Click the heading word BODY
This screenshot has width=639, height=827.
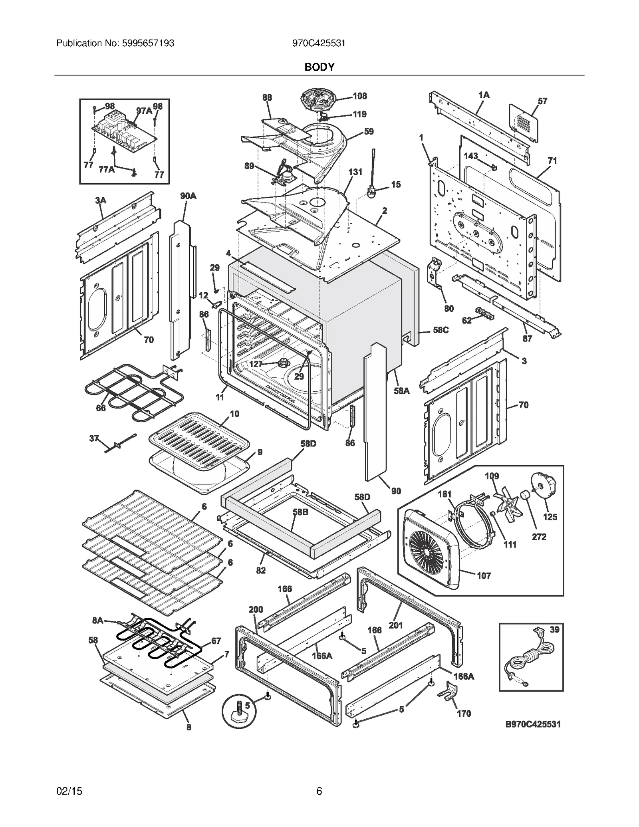319,67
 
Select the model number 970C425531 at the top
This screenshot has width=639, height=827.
319,43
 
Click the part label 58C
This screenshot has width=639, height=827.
441,330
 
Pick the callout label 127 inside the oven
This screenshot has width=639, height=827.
256,364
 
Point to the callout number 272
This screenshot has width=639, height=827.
539,537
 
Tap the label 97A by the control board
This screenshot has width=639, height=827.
144,111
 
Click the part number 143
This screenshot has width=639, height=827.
471,156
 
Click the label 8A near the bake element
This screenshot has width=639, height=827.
98,620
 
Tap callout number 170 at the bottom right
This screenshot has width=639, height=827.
464,714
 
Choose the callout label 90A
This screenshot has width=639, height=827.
188,196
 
